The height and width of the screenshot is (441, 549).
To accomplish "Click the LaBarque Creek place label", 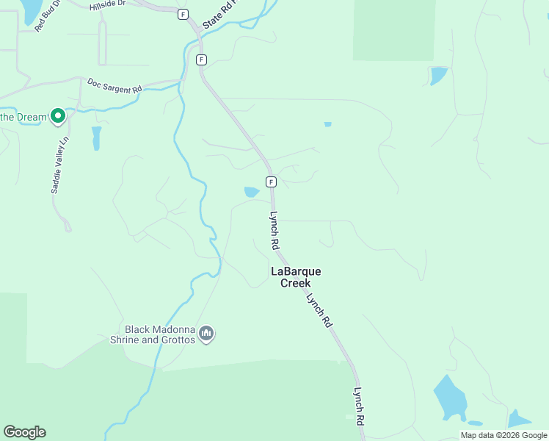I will pyautogui.click(x=296, y=277).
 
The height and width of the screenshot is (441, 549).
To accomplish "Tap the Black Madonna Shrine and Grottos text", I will pyautogui.click(x=159, y=335).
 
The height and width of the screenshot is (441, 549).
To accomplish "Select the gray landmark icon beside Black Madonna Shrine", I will pyautogui.click(x=206, y=334).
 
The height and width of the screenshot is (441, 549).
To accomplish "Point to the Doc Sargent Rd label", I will pyautogui.click(x=114, y=85).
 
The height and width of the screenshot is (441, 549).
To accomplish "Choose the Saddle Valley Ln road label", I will pyautogui.click(x=59, y=165).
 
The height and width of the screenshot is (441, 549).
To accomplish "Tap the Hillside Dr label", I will pyautogui.click(x=108, y=5).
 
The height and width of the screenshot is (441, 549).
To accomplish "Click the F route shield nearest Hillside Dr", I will pyautogui.click(x=183, y=14).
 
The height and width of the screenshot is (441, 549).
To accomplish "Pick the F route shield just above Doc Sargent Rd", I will pyautogui.click(x=201, y=60).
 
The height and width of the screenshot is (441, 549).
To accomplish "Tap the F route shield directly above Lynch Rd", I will pyautogui.click(x=271, y=182).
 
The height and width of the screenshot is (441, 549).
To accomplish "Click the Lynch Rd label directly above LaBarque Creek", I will pyautogui.click(x=274, y=231).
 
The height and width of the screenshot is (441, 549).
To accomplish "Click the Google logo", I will pyautogui.click(x=24, y=432).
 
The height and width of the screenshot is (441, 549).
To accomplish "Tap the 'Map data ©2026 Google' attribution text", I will pyautogui.click(x=503, y=435).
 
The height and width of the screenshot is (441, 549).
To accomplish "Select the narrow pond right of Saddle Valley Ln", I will pyautogui.click(x=96, y=137).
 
